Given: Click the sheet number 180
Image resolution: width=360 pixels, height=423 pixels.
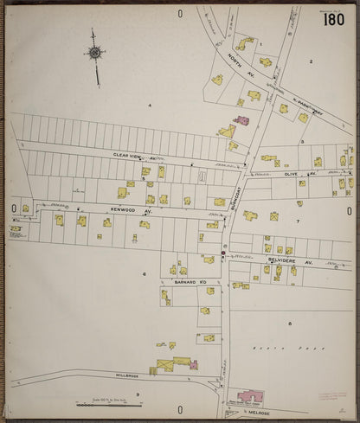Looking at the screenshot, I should click(334, 19).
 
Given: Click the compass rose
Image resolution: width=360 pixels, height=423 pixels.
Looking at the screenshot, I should click(94, 53).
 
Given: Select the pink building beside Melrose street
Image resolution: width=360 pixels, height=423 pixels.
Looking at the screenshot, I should click(250, 396).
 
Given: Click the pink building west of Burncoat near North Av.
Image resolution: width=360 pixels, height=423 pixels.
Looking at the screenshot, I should click(241, 119).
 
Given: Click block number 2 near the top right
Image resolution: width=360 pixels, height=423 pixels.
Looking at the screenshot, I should click(310, 62).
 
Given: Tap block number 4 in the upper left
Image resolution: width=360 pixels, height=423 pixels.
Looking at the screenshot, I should click(149, 106).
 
